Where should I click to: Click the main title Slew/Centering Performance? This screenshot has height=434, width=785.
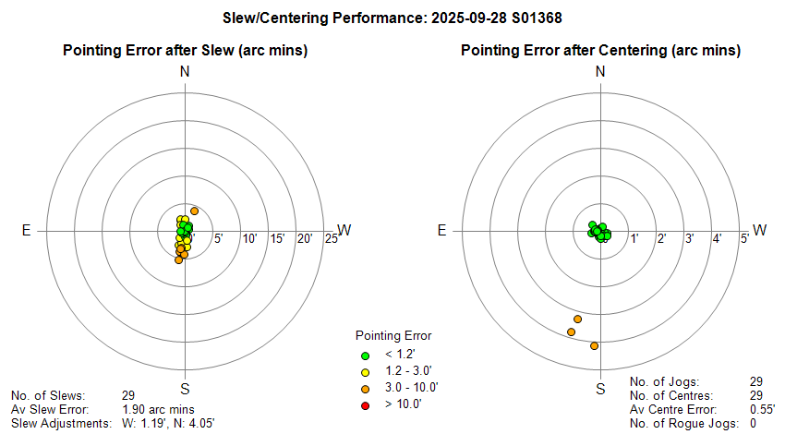[392, 18]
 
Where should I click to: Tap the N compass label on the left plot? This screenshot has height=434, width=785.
[185, 72]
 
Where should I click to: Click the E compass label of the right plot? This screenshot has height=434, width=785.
[442, 230]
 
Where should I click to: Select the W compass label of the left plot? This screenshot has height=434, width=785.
[344, 230]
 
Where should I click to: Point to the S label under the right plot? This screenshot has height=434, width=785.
[600, 389]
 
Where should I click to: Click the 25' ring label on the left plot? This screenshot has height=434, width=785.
[332, 239]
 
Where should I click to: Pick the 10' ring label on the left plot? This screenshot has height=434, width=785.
[249, 239]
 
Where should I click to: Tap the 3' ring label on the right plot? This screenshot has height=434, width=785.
[689, 239]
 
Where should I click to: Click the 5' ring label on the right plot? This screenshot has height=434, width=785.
[743, 239]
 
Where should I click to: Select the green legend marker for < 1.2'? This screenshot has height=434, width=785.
[365, 355]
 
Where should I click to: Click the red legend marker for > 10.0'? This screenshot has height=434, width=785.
[365, 404]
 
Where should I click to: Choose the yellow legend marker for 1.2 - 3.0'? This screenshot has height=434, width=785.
[365, 371]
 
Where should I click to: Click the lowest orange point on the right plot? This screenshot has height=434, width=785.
[594, 346]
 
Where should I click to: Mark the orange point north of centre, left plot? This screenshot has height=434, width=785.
[194, 211]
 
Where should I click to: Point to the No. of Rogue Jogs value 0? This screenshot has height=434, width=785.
[754, 424]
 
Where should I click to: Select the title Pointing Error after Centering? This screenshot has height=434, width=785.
[600, 50]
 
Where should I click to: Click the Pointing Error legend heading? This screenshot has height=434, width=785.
[393, 335]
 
